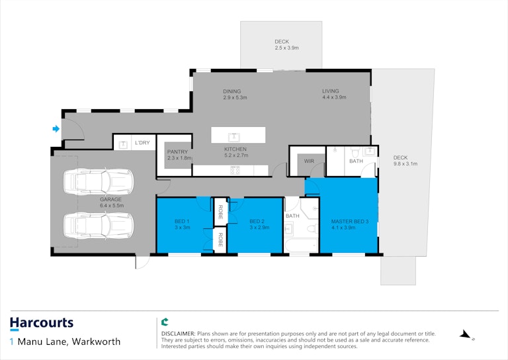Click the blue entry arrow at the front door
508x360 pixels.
56,129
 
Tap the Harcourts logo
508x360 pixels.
42,324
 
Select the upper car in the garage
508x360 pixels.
99,182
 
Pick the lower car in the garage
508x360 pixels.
99,226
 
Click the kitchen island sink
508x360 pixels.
234,138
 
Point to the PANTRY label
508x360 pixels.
177,152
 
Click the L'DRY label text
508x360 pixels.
143,142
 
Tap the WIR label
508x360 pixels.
309,161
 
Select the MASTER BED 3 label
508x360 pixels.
350,222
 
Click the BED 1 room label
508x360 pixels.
182,221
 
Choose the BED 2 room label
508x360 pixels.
257,221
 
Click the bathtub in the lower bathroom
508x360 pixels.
302,246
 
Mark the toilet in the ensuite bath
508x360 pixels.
356,152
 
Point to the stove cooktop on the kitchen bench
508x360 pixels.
235,170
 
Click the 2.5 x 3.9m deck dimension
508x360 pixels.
286,48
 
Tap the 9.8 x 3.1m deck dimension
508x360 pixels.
405,163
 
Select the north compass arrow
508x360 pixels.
466,335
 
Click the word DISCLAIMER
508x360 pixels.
178,334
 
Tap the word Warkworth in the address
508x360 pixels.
96,341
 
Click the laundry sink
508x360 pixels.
123,144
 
